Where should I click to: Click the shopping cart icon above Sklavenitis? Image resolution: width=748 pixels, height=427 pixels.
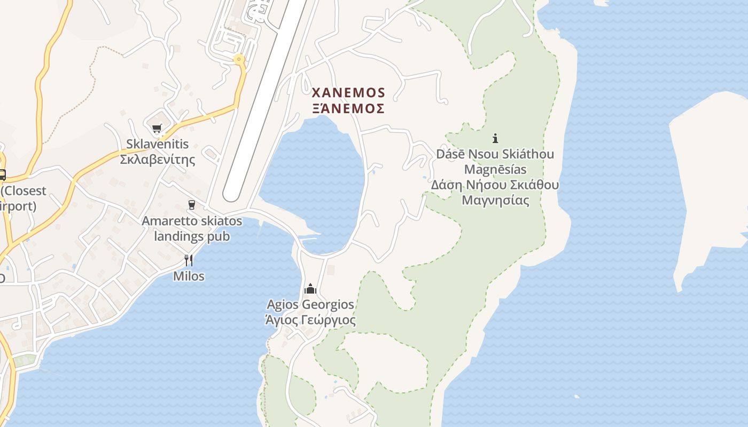pos(157,128)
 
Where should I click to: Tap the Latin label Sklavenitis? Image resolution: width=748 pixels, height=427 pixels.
pos(157,144)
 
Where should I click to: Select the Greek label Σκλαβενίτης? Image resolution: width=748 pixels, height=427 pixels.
pos(157,159)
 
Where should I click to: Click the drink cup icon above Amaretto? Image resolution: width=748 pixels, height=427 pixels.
pos(191,205)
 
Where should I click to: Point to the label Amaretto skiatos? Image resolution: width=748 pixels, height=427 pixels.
pos(191,221)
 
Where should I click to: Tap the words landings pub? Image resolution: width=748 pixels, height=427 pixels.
pos(191,236)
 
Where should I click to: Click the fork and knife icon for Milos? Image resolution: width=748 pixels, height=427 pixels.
pos(188,260)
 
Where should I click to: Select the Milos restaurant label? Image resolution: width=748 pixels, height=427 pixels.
pos(189,276)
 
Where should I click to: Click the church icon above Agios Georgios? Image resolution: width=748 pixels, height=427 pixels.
pos(310,289)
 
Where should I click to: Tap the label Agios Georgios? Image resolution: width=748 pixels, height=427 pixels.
pos(310,305)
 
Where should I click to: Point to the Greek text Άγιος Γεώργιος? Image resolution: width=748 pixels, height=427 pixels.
pos(310,320)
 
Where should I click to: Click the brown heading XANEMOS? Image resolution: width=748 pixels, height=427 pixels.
pos(348,93)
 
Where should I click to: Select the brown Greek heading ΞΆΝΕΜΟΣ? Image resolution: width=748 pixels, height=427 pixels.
pos(348,108)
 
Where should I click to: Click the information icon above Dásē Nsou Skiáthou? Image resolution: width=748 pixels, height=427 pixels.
pos(495,138)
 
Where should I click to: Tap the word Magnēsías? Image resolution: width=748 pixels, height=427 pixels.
pos(495,170)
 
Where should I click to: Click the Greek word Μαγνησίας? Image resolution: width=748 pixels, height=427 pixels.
pos(495,201)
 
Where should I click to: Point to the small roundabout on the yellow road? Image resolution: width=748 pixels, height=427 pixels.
pos(239,59)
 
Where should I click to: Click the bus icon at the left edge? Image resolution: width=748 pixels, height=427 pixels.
pos(2,175)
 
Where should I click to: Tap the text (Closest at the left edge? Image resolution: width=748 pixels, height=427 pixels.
pos(24,191)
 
